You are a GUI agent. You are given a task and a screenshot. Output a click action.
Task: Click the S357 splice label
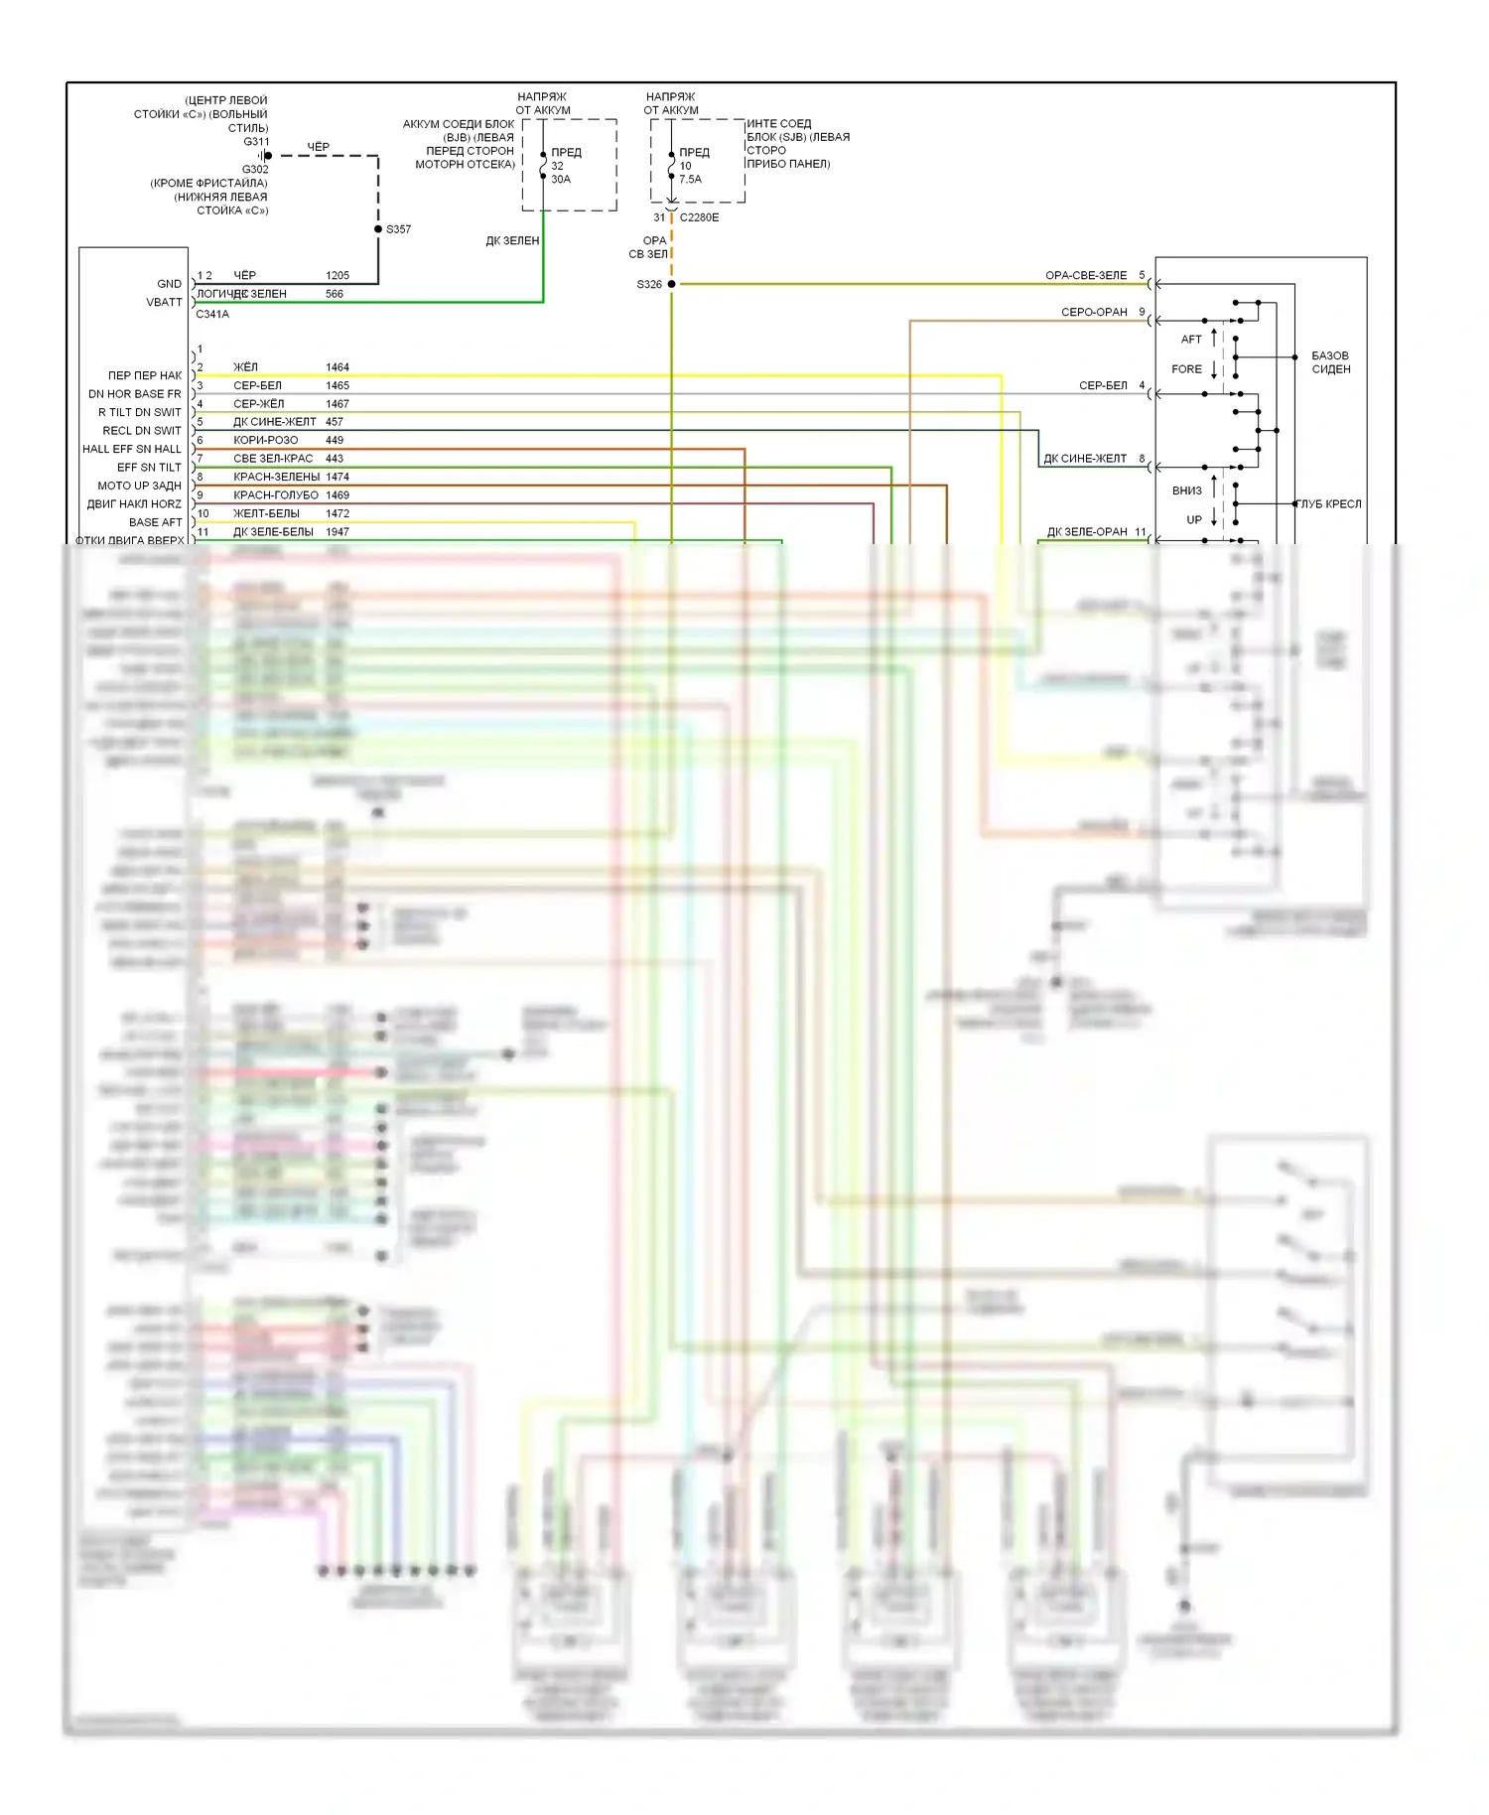(x=398, y=229)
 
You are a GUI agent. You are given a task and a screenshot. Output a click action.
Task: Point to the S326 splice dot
(x=671, y=284)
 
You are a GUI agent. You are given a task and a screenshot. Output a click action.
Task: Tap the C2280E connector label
(x=699, y=217)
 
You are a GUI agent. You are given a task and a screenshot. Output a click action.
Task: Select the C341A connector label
(x=212, y=314)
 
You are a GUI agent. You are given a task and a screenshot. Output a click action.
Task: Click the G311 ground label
(x=256, y=142)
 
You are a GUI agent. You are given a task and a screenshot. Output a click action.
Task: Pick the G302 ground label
(x=255, y=169)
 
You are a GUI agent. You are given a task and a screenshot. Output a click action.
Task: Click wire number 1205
(x=338, y=275)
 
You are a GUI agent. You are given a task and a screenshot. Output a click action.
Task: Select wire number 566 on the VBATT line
(x=335, y=294)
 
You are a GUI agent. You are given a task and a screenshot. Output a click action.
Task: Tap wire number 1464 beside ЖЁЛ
(x=338, y=367)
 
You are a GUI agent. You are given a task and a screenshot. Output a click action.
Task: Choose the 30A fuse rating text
(x=561, y=180)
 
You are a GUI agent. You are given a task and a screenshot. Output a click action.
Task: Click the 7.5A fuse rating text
(x=690, y=180)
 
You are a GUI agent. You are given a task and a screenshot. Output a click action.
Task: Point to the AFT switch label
(x=1191, y=340)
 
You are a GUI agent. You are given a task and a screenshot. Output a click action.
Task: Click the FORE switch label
(x=1186, y=369)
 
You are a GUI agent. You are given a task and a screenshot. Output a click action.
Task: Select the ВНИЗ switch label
(x=1186, y=490)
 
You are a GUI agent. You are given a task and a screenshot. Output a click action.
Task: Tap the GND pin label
(x=170, y=284)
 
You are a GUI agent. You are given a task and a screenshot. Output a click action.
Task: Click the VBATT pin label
(x=165, y=302)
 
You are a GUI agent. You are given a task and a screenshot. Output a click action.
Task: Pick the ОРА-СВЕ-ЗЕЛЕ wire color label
(x=1086, y=275)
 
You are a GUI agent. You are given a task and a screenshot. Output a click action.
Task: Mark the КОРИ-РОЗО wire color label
(x=265, y=440)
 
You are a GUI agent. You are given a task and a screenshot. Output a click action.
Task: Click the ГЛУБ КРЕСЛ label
(x=1330, y=504)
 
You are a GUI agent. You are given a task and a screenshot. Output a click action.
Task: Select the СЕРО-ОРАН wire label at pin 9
(x=1094, y=312)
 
